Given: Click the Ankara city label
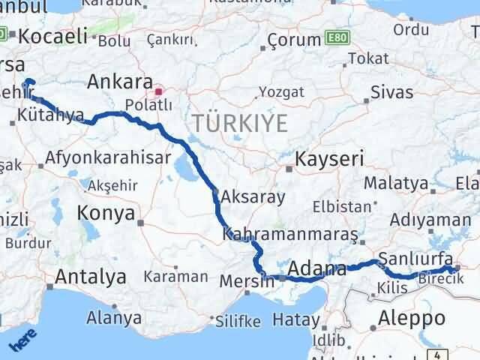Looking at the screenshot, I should click(119, 81).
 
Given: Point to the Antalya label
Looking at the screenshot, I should click(91, 277).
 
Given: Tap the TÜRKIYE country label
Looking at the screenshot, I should click(239, 123).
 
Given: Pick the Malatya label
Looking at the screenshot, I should click(397, 183).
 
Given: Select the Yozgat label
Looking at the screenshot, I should click(281, 91).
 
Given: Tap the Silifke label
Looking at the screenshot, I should click(238, 321).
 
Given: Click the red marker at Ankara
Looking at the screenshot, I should click(158, 93).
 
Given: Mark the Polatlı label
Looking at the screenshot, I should click(140, 104).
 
